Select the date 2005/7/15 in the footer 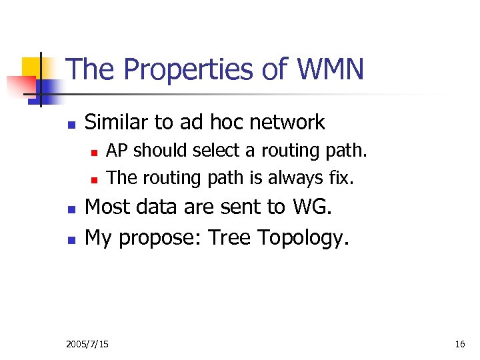88,344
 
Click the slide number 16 459,344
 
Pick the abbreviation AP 117,151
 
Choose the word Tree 229,237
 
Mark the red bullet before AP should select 95,153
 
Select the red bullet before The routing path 95,179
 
